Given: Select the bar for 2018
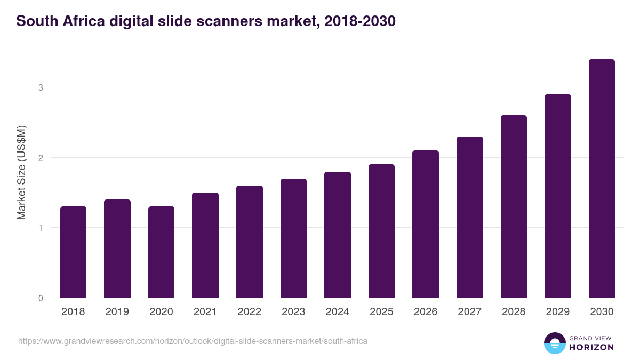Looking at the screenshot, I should (x=73, y=252).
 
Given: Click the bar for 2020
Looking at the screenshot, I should (x=161, y=252).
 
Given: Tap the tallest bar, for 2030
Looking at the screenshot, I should (x=602, y=179).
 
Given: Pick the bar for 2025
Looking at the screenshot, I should (x=381, y=231).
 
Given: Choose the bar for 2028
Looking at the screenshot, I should (x=514, y=206).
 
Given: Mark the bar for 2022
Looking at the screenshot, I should (x=249, y=242).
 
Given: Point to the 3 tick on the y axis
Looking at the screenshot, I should (x=40, y=87).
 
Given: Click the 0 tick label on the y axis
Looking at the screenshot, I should (x=40, y=298).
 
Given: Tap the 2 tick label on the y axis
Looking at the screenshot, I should (x=40, y=158).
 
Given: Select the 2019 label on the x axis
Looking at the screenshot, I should (x=117, y=312).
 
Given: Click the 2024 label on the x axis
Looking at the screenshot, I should (x=337, y=312).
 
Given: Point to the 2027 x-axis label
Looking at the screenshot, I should (x=469, y=312).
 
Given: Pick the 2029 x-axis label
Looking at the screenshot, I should (x=557, y=312).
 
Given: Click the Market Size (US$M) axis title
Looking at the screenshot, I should (x=22, y=172).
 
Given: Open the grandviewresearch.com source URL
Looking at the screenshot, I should (x=193, y=341).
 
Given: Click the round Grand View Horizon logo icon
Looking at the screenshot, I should (x=554, y=343).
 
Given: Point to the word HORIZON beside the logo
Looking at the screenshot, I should (x=591, y=347).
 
